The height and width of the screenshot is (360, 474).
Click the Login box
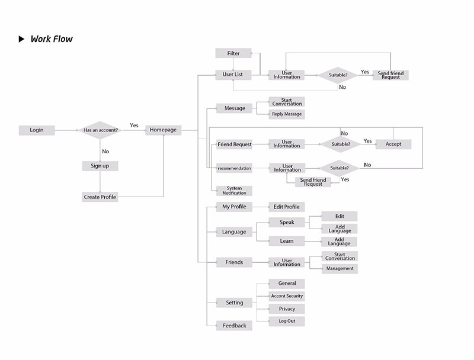(x=37, y=130)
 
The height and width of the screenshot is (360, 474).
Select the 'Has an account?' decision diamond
(x=101, y=130)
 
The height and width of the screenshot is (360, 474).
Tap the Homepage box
(x=163, y=130)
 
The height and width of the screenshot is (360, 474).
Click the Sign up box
(x=100, y=166)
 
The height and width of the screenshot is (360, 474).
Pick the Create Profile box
(x=100, y=197)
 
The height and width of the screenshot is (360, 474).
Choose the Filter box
(x=233, y=53)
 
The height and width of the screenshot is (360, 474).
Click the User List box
(x=233, y=75)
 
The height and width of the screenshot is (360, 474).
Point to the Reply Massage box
(x=287, y=114)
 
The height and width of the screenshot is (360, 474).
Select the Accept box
(x=393, y=144)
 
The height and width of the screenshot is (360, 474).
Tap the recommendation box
(x=234, y=168)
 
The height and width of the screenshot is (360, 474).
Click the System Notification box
(x=234, y=191)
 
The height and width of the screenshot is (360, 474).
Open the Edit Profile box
(x=287, y=207)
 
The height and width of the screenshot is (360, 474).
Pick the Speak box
(x=287, y=222)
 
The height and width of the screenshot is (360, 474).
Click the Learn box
(x=287, y=241)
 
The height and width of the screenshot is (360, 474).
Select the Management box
(x=340, y=269)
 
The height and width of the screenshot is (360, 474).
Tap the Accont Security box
(x=287, y=296)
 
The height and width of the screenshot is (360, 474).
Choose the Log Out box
(x=287, y=321)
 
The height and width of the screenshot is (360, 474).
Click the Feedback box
(x=234, y=326)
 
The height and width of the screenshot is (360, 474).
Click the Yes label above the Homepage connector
(x=134, y=126)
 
